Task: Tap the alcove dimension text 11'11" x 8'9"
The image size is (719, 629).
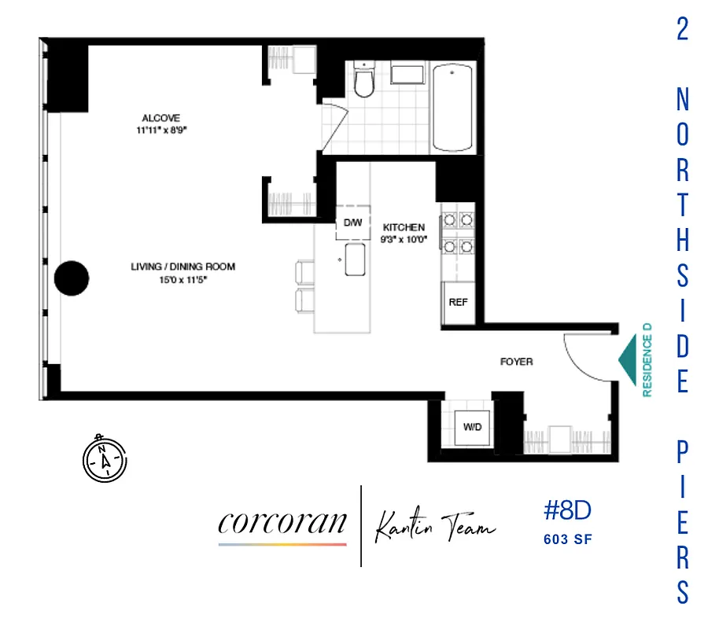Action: coord(161,131)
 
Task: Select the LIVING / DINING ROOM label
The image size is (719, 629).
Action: coord(183,267)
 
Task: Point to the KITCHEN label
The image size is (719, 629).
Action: coord(404,227)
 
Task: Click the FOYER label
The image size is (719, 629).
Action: coord(517,362)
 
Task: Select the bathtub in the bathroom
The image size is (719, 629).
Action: coord(453,109)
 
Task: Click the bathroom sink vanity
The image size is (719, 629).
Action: coord(407,75)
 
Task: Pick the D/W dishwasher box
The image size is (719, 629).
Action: coord(352,223)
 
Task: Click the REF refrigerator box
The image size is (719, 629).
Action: coord(458,302)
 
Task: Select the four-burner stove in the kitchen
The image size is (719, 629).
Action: coord(458,234)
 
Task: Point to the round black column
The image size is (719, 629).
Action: coord(71,278)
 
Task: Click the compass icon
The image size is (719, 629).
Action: coord(104,457)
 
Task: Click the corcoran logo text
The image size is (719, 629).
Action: coord(282,523)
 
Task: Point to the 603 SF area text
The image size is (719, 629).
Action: coord(566,539)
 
